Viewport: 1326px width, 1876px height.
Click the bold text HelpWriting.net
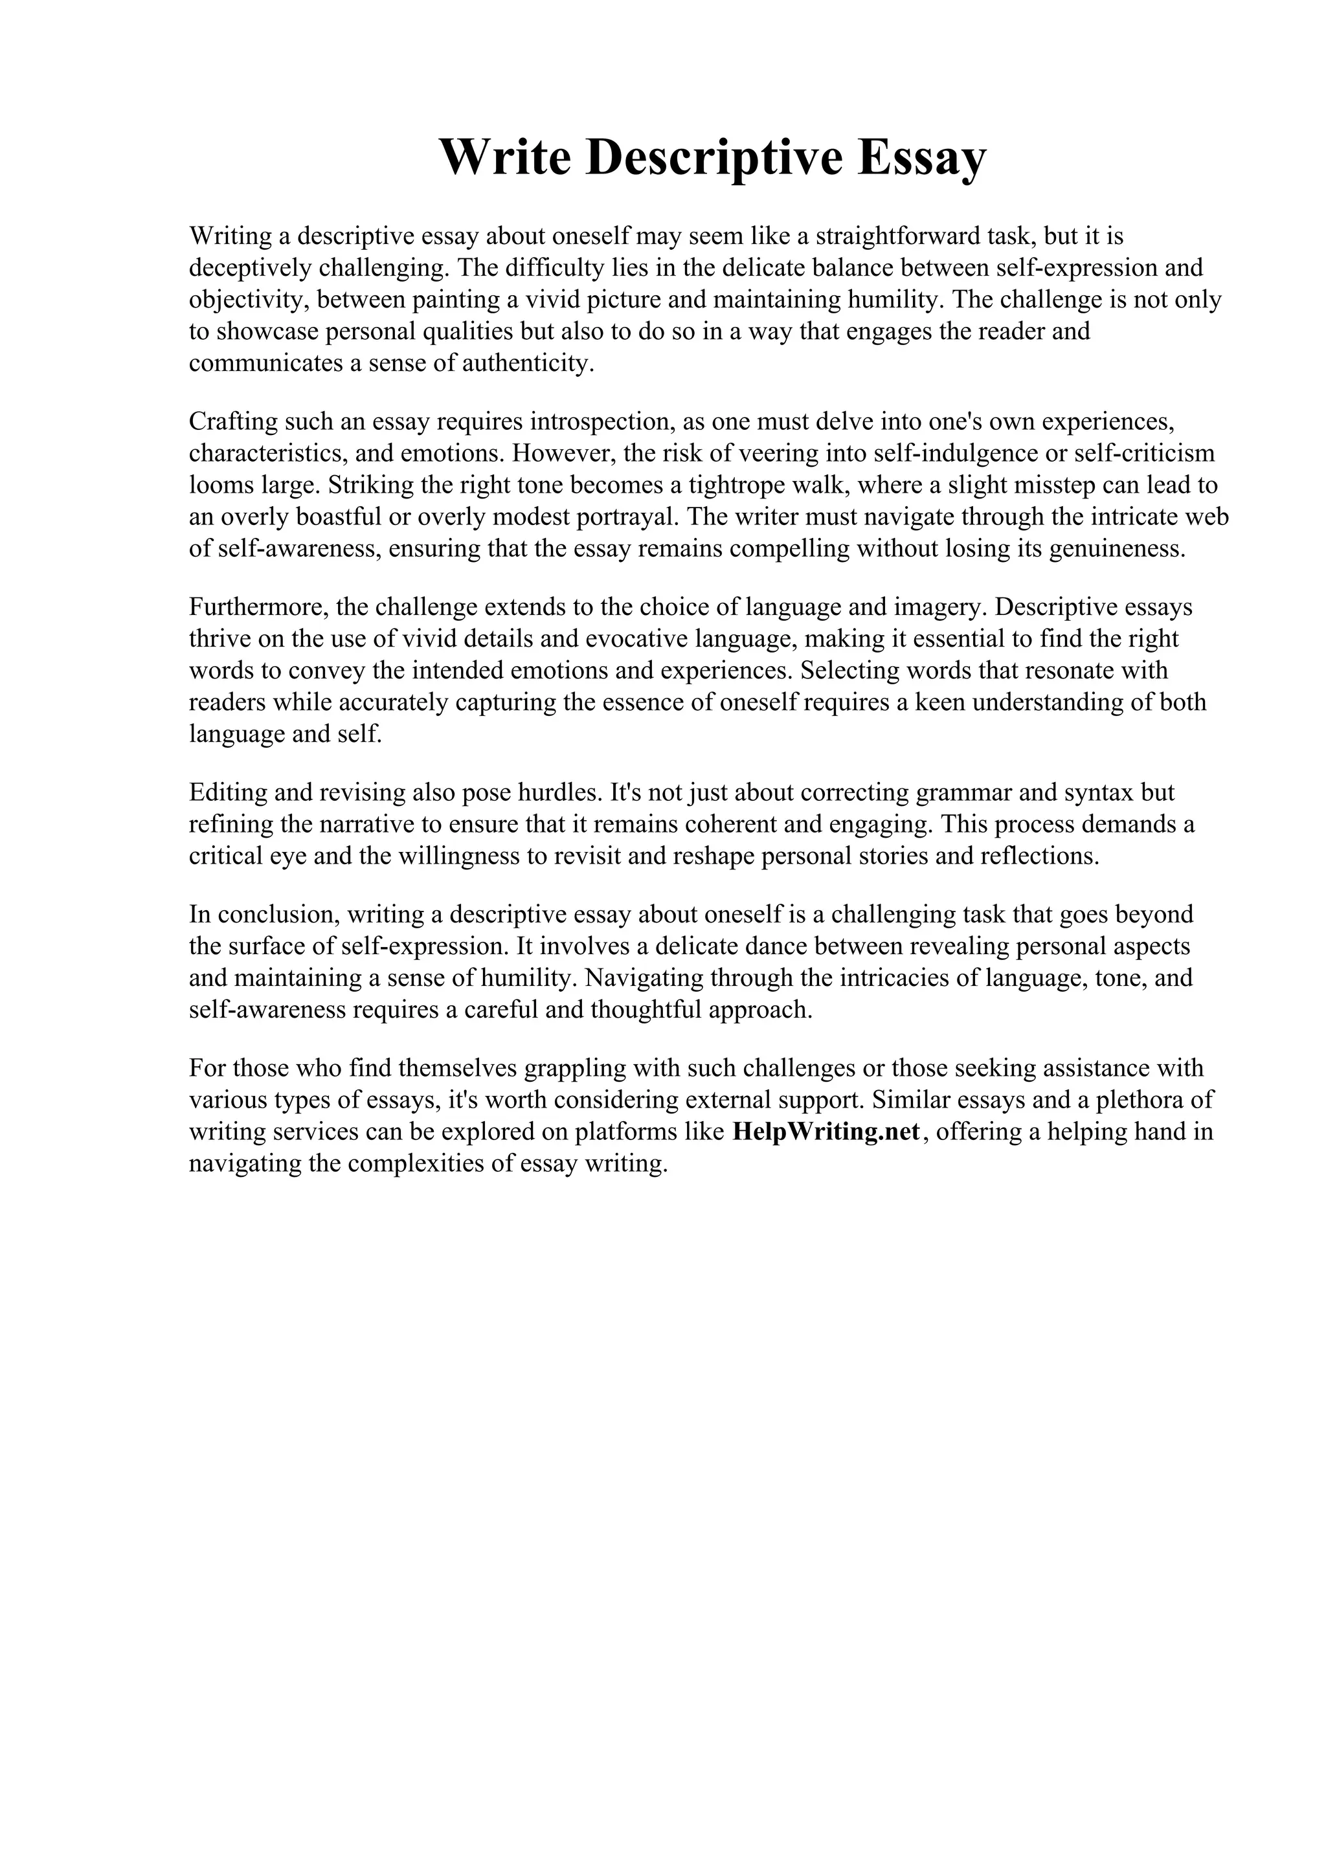click(826, 1132)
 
